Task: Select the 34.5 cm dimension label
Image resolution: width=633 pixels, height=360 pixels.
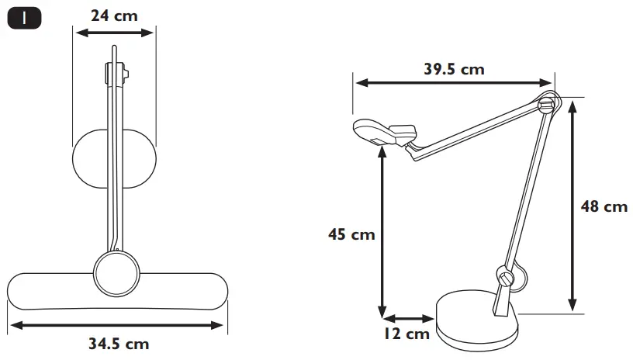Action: tap(118, 342)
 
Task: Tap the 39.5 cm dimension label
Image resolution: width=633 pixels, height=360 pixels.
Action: tap(454, 69)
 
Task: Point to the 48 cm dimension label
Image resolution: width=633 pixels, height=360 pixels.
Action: tap(604, 206)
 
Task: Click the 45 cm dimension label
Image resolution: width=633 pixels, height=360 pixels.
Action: tap(350, 234)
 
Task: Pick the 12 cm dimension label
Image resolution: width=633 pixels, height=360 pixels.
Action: tap(406, 334)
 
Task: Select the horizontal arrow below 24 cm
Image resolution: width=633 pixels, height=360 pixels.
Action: tap(115, 33)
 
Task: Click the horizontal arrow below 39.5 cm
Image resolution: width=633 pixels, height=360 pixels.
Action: tap(454, 83)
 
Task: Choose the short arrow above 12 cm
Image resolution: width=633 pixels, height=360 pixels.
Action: tap(408, 317)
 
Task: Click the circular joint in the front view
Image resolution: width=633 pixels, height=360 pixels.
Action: tap(116, 272)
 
